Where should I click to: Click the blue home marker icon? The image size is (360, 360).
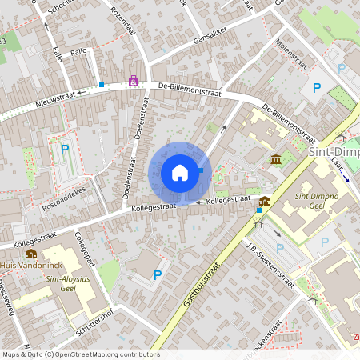pyautogui.click(x=180, y=172)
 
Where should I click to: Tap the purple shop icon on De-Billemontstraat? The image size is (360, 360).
pyautogui.click(x=133, y=81)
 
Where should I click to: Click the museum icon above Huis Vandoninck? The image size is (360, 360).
pyautogui.click(x=31, y=253)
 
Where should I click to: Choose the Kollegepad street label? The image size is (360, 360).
pyautogui.click(x=84, y=250)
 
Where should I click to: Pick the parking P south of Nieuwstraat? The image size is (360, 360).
pyautogui.click(x=65, y=150)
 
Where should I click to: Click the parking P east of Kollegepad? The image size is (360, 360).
pyautogui.click(x=158, y=274)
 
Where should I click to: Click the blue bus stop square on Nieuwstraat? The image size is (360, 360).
pyautogui.click(x=102, y=84)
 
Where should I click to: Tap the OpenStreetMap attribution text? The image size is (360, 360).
pyautogui.click(x=80, y=354)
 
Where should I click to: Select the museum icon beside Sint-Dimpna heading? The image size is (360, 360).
pyautogui.click(x=276, y=160)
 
